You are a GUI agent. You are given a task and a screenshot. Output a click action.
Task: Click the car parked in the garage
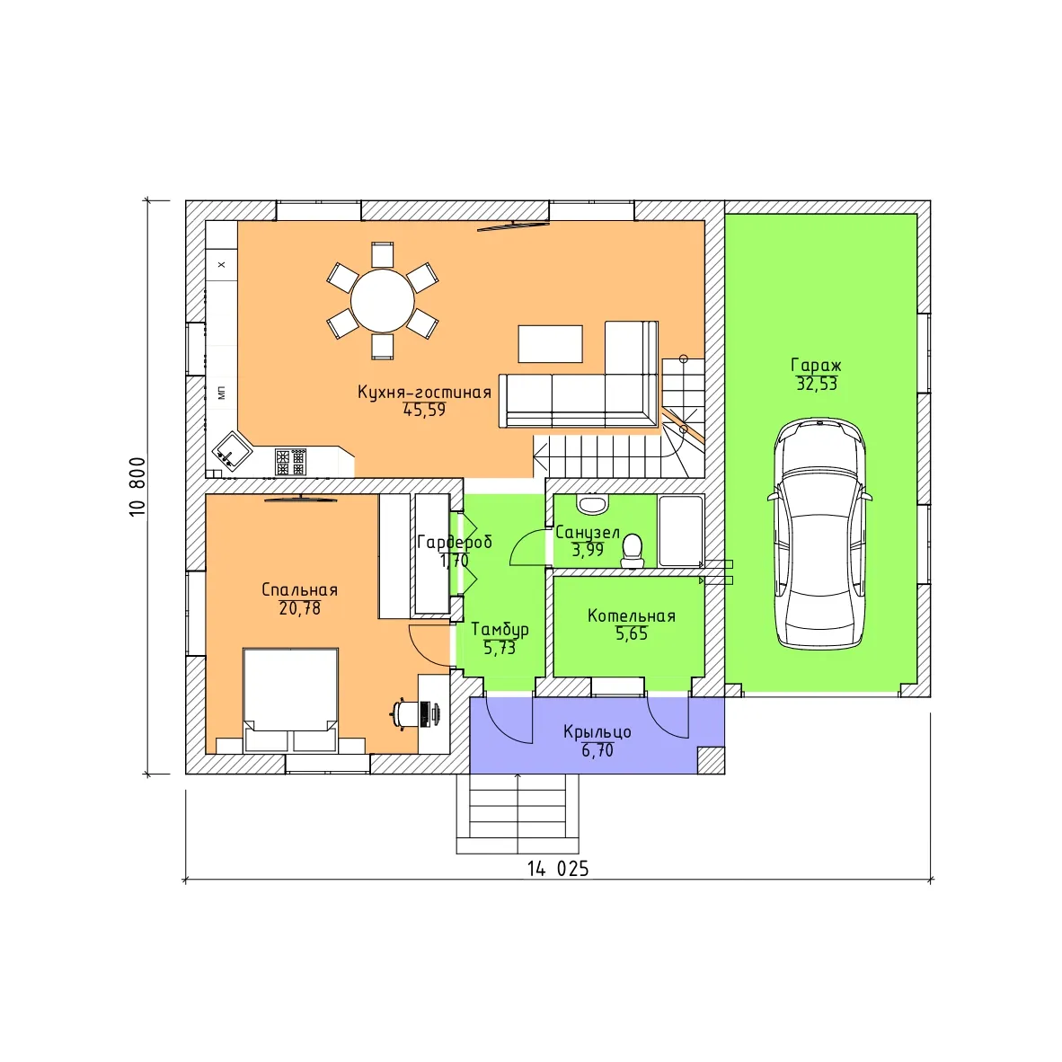(819, 534)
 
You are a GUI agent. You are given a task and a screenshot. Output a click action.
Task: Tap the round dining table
(382, 301)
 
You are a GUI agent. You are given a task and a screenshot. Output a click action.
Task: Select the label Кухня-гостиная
(424, 392)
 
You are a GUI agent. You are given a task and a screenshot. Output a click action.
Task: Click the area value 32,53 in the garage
(817, 384)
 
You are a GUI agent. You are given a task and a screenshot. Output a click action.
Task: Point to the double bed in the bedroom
(290, 700)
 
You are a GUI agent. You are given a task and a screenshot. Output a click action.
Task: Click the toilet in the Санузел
(633, 550)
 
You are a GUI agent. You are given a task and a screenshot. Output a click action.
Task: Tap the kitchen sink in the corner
(231, 450)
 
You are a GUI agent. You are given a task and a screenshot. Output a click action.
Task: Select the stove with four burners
(290, 462)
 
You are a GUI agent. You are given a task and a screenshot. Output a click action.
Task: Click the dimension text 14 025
(558, 869)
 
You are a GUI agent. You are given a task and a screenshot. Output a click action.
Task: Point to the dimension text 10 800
(137, 487)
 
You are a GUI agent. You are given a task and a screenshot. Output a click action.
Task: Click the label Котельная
(632, 615)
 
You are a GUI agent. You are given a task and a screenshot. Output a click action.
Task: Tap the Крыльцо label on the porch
(597, 732)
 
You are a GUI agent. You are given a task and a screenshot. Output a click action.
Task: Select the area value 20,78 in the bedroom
(299, 608)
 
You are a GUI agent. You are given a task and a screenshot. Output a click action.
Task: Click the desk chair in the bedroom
(406, 713)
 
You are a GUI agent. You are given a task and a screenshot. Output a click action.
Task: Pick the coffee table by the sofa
(550, 344)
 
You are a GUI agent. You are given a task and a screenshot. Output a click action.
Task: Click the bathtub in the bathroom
(681, 532)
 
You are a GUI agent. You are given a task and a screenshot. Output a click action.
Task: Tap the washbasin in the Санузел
(593, 503)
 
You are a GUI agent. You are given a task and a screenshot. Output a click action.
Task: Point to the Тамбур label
(500, 630)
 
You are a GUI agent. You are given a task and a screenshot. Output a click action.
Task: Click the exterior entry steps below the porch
(518, 813)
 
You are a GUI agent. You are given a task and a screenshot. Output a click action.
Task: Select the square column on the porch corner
(711, 760)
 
